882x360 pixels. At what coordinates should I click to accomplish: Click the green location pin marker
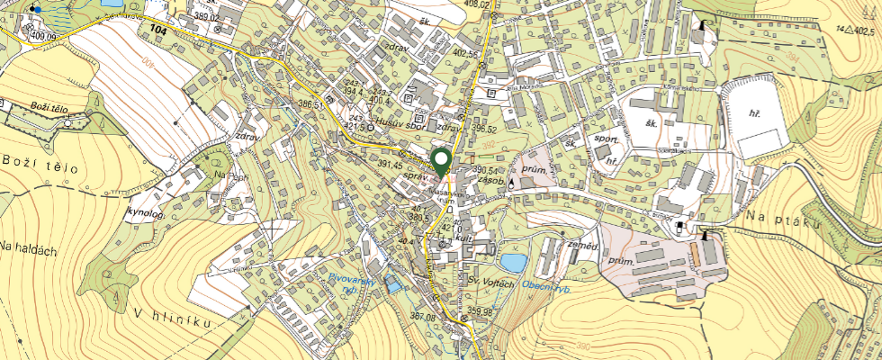coord(441,162)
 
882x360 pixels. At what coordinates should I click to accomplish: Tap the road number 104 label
coord(159,31)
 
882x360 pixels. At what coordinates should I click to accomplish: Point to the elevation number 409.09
coord(42,36)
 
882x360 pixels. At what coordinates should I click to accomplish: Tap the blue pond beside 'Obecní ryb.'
coord(514,263)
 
